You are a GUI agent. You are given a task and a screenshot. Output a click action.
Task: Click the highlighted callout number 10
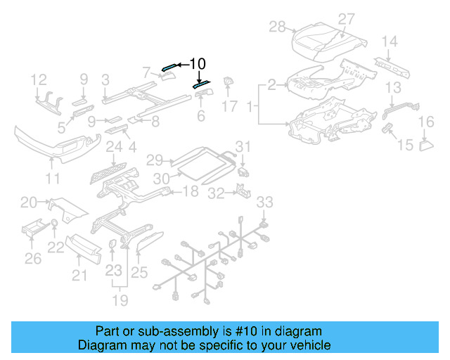(x=198, y=64)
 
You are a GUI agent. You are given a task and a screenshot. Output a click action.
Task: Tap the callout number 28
(x=277, y=27)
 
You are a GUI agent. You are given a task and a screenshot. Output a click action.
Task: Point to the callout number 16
(x=427, y=123)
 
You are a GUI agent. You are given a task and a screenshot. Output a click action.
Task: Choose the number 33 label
(x=264, y=202)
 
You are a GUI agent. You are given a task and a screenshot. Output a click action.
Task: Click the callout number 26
(x=33, y=259)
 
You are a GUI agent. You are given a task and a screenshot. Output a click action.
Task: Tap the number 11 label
(x=53, y=179)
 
